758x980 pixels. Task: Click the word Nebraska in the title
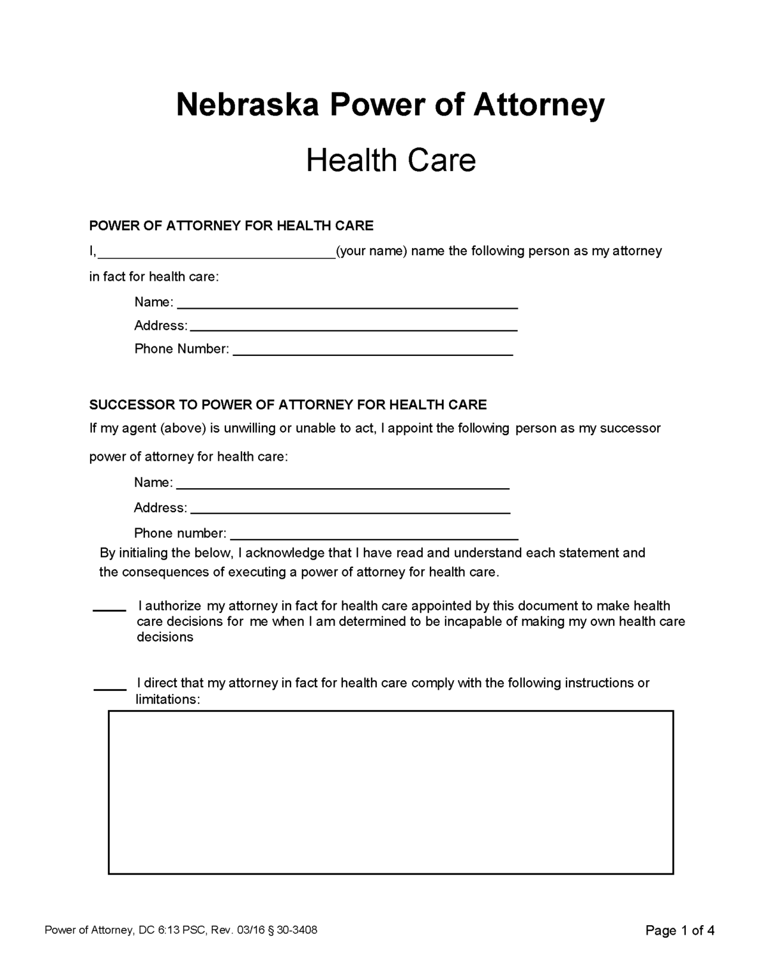click(246, 105)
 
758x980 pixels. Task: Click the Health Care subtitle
click(391, 160)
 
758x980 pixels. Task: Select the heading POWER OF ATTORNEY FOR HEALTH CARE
click(231, 226)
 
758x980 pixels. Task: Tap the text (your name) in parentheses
click(371, 251)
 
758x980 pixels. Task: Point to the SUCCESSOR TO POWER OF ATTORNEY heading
click(287, 405)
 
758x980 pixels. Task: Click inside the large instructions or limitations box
click(391, 792)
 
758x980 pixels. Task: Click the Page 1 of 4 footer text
click(679, 931)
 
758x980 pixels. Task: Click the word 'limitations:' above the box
click(168, 700)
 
